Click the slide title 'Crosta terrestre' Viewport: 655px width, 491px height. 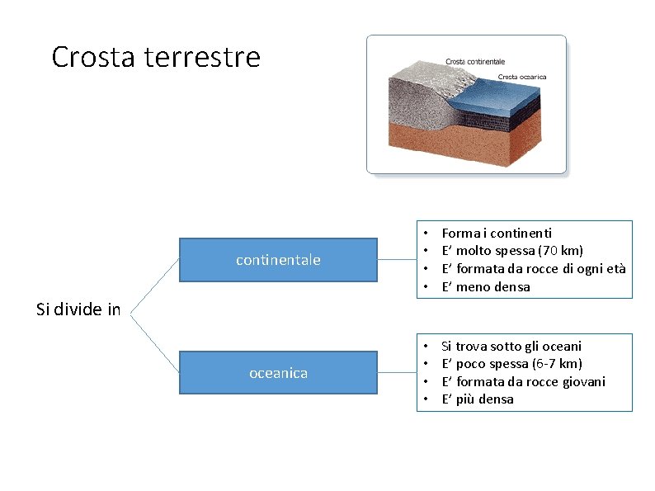pyautogui.click(x=155, y=57)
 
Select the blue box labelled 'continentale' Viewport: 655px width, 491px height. pyautogui.click(x=278, y=260)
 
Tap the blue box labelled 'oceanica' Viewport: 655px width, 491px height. pyautogui.click(x=278, y=373)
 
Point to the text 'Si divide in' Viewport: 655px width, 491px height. pyautogui.click(x=78, y=310)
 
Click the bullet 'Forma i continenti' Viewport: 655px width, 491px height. pyautogui.click(x=497, y=234)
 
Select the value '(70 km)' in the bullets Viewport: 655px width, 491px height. pyautogui.click(x=560, y=251)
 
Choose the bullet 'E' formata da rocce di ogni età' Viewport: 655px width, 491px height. pyautogui.click(x=533, y=269)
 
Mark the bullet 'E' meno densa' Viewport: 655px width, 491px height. pyautogui.click(x=486, y=287)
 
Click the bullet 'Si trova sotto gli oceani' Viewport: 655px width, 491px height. pyautogui.click(x=511, y=346)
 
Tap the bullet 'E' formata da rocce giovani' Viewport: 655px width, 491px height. pyautogui.click(x=523, y=381)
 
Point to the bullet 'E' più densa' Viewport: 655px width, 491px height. pyautogui.click(x=478, y=399)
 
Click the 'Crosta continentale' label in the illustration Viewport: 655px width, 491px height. pyautogui.click(x=475, y=62)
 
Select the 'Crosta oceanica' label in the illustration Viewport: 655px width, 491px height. pyautogui.click(x=521, y=78)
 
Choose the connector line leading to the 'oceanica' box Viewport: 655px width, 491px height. pyautogui.click(x=155, y=338)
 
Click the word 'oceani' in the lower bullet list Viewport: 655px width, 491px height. pyautogui.click(x=563, y=346)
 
